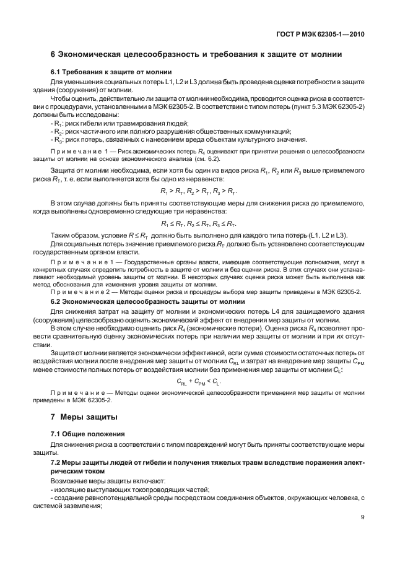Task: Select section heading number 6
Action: (53, 55)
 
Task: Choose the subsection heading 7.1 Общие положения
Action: (87, 433)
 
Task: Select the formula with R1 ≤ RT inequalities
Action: (198, 223)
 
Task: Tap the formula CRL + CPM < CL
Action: (198, 382)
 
